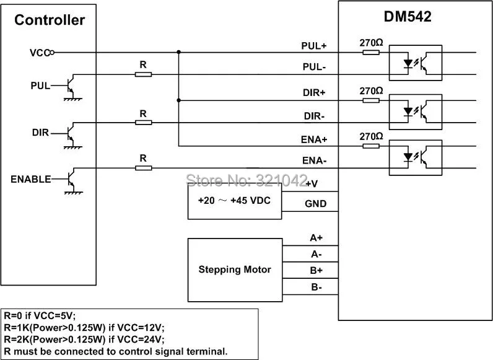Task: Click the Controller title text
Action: click(x=50, y=20)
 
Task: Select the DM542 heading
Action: click(x=408, y=16)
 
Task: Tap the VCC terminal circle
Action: click(x=52, y=52)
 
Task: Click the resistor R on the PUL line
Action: click(x=143, y=74)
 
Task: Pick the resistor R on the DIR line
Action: click(x=143, y=123)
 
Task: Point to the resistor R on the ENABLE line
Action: click(x=143, y=168)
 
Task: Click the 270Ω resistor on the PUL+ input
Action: click(x=371, y=52)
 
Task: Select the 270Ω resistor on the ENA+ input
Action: click(x=371, y=146)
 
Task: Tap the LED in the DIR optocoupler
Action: click(x=408, y=112)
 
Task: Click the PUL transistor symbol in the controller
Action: click(x=71, y=85)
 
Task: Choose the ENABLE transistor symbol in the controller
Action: click(x=71, y=178)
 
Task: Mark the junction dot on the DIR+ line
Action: click(x=178, y=100)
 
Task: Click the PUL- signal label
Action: click(x=314, y=67)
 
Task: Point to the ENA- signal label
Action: click(x=315, y=161)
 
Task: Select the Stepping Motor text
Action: click(x=235, y=270)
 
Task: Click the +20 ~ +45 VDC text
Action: click(x=234, y=201)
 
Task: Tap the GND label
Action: click(x=316, y=204)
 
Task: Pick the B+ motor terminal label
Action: click(x=316, y=270)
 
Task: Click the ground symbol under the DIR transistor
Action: click(x=73, y=147)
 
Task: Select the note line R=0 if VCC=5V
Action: click(x=40, y=315)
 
